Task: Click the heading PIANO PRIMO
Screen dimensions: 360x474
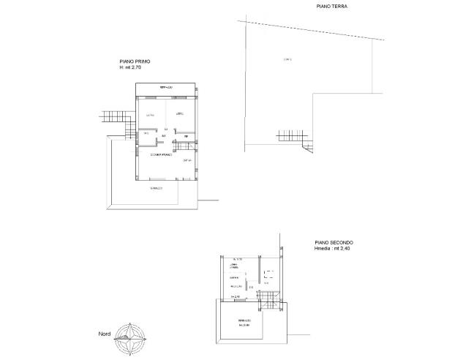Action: [135, 62]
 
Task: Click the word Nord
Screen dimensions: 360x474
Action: [105, 335]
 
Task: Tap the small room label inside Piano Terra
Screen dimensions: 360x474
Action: [287, 59]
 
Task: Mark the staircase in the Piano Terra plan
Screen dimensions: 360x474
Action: [290, 135]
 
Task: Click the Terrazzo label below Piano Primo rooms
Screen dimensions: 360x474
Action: [156, 189]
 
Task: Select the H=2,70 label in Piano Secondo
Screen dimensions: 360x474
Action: [236, 296]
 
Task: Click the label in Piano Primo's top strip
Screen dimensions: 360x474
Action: [166, 88]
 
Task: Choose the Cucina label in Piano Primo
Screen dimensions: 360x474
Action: [187, 160]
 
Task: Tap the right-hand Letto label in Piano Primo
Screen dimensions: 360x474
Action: [179, 114]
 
